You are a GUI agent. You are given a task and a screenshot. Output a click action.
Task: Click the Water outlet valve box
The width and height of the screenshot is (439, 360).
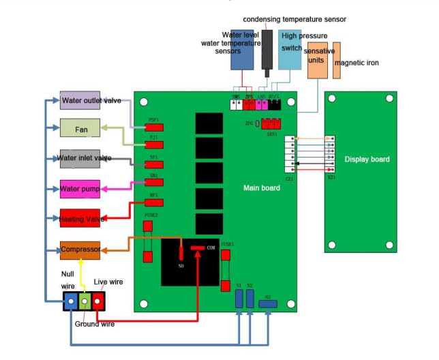pyautogui.click(x=91, y=101)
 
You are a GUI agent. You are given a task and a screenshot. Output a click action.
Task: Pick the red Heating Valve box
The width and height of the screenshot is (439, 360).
pyautogui.click(x=80, y=218)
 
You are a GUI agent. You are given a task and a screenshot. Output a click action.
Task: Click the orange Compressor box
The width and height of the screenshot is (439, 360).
pyautogui.click(x=80, y=250)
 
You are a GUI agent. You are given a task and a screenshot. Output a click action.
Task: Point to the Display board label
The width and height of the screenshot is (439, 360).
pyautogui.click(x=367, y=160)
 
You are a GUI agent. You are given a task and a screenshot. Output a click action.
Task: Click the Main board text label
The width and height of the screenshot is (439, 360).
pyautogui.click(x=262, y=187)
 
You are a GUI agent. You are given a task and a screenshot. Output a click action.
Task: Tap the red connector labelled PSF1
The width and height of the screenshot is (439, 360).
pyautogui.click(x=155, y=127)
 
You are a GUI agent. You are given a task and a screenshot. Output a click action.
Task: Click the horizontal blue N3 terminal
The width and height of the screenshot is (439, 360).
pyautogui.click(x=267, y=303)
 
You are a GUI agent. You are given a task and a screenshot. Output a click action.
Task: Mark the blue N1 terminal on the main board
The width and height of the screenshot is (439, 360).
pyautogui.click(x=239, y=298)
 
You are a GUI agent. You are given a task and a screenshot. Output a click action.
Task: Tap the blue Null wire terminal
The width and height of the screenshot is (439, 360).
pyautogui.click(x=71, y=300)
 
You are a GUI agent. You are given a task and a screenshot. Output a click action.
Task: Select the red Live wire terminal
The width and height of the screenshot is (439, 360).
pyautogui.click(x=98, y=300)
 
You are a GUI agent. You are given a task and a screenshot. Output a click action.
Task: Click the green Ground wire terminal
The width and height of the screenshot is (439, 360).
pyautogui.click(x=85, y=300)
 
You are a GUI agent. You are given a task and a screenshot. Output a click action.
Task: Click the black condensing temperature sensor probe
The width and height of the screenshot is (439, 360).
pyautogui.click(x=267, y=51)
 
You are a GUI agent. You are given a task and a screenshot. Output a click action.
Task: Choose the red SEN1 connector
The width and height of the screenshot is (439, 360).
pyautogui.click(x=272, y=124)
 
